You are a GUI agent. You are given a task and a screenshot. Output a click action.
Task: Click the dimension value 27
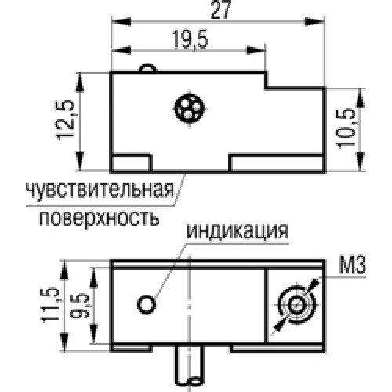click(x=221, y=10)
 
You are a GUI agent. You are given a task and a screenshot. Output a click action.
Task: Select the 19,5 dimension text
click(x=190, y=39)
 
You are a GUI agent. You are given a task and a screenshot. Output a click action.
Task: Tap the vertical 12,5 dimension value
click(x=66, y=120)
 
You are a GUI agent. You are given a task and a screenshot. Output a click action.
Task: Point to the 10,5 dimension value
click(x=346, y=129)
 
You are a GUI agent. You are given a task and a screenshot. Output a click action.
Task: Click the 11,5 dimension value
click(x=49, y=304)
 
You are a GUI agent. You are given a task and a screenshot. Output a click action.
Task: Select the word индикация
click(x=238, y=230)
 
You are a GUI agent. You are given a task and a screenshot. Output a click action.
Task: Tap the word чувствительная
click(x=100, y=189)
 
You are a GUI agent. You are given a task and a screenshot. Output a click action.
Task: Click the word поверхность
click(x=100, y=218)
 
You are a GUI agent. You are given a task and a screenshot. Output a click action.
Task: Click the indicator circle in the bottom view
click(x=147, y=304)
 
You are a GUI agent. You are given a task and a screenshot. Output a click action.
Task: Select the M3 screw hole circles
click(x=296, y=305)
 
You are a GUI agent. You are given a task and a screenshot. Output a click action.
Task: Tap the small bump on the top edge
click(x=147, y=67)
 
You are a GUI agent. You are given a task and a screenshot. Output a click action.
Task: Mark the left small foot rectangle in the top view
click(x=131, y=163)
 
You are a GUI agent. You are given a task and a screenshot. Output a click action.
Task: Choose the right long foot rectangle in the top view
click(x=277, y=163)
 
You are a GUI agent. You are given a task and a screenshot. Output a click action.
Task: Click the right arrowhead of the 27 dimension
click(x=314, y=21)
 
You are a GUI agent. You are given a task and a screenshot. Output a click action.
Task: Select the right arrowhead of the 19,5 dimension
click(x=256, y=50)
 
